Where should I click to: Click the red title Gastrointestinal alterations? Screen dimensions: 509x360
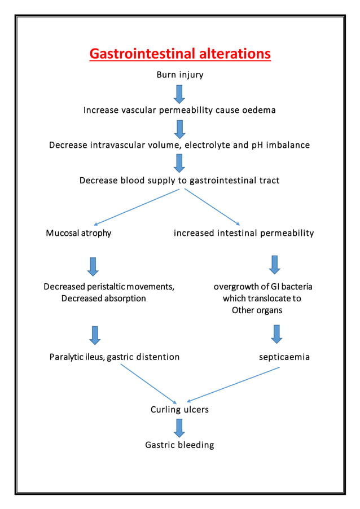180,54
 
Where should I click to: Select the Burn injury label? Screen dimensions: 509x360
180,75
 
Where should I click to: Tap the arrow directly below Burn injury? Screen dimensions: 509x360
179,94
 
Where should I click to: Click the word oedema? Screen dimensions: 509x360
259,110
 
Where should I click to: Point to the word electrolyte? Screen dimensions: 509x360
207,145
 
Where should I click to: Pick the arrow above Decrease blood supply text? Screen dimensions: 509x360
179,163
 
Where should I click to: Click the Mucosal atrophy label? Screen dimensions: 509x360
78,233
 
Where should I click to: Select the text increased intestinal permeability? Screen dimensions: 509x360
244,233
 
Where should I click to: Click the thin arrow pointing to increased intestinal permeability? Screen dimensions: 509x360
213,207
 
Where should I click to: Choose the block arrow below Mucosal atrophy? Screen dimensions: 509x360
93,266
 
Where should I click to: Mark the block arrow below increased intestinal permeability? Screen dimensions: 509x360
275,264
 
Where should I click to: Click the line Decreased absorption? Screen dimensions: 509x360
103,299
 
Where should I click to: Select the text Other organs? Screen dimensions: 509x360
257,310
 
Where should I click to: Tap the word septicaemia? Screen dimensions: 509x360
284,357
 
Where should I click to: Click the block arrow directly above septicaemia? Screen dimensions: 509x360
276,334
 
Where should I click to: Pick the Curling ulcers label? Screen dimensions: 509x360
179,410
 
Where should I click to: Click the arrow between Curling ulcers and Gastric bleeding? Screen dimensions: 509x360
179,427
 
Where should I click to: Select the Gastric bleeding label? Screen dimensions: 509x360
179,445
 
